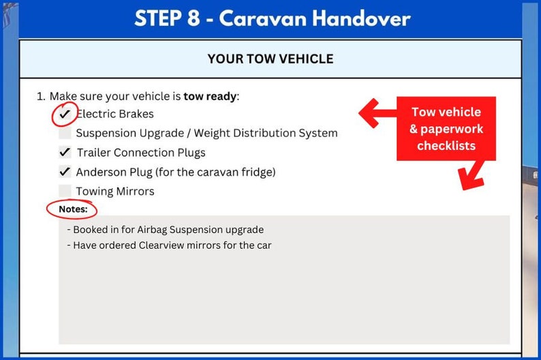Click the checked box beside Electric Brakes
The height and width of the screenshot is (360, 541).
(65, 115)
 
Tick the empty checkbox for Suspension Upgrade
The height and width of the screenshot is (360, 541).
(65, 134)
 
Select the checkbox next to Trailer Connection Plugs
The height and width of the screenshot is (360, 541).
(65, 153)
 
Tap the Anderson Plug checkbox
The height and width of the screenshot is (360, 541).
(65, 172)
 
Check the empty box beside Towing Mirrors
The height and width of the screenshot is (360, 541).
(65, 191)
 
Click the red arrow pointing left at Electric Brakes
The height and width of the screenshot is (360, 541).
(377, 113)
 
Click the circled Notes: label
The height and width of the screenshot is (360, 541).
(73, 209)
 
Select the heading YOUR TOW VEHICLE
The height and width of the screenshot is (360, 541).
(270, 59)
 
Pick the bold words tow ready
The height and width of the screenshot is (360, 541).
(210, 96)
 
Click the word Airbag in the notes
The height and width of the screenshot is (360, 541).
(147, 230)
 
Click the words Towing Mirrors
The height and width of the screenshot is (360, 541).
(115, 191)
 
